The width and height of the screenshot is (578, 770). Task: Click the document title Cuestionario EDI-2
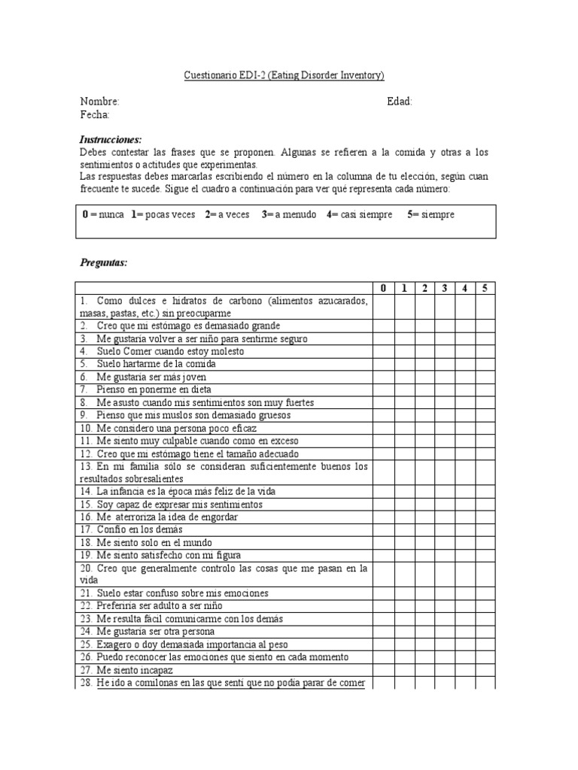click(x=284, y=75)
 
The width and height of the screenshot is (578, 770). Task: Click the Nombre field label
click(x=99, y=102)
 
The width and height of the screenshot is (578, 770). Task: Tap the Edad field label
click(x=399, y=102)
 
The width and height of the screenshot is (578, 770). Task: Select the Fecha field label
click(x=95, y=114)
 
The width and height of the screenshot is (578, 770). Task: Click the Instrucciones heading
click(x=111, y=140)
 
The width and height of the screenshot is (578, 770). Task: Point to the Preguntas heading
click(x=104, y=262)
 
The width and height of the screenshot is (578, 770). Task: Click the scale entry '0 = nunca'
click(x=103, y=215)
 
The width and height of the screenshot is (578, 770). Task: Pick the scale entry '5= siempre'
click(x=431, y=215)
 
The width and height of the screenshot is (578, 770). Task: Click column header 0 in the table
click(x=383, y=288)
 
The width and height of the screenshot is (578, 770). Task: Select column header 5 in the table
click(x=485, y=288)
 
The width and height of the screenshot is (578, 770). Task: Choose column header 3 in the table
click(x=445, y=288)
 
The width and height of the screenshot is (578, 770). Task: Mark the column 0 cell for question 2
click(x=383, y=326)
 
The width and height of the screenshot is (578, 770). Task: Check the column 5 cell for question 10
click(x=485, y=428)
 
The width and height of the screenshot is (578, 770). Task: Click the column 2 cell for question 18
click(x=424, y=542)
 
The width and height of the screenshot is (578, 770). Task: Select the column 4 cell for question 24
click(x=466, y=632)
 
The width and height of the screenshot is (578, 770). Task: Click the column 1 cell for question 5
click(x=403, y=364)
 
